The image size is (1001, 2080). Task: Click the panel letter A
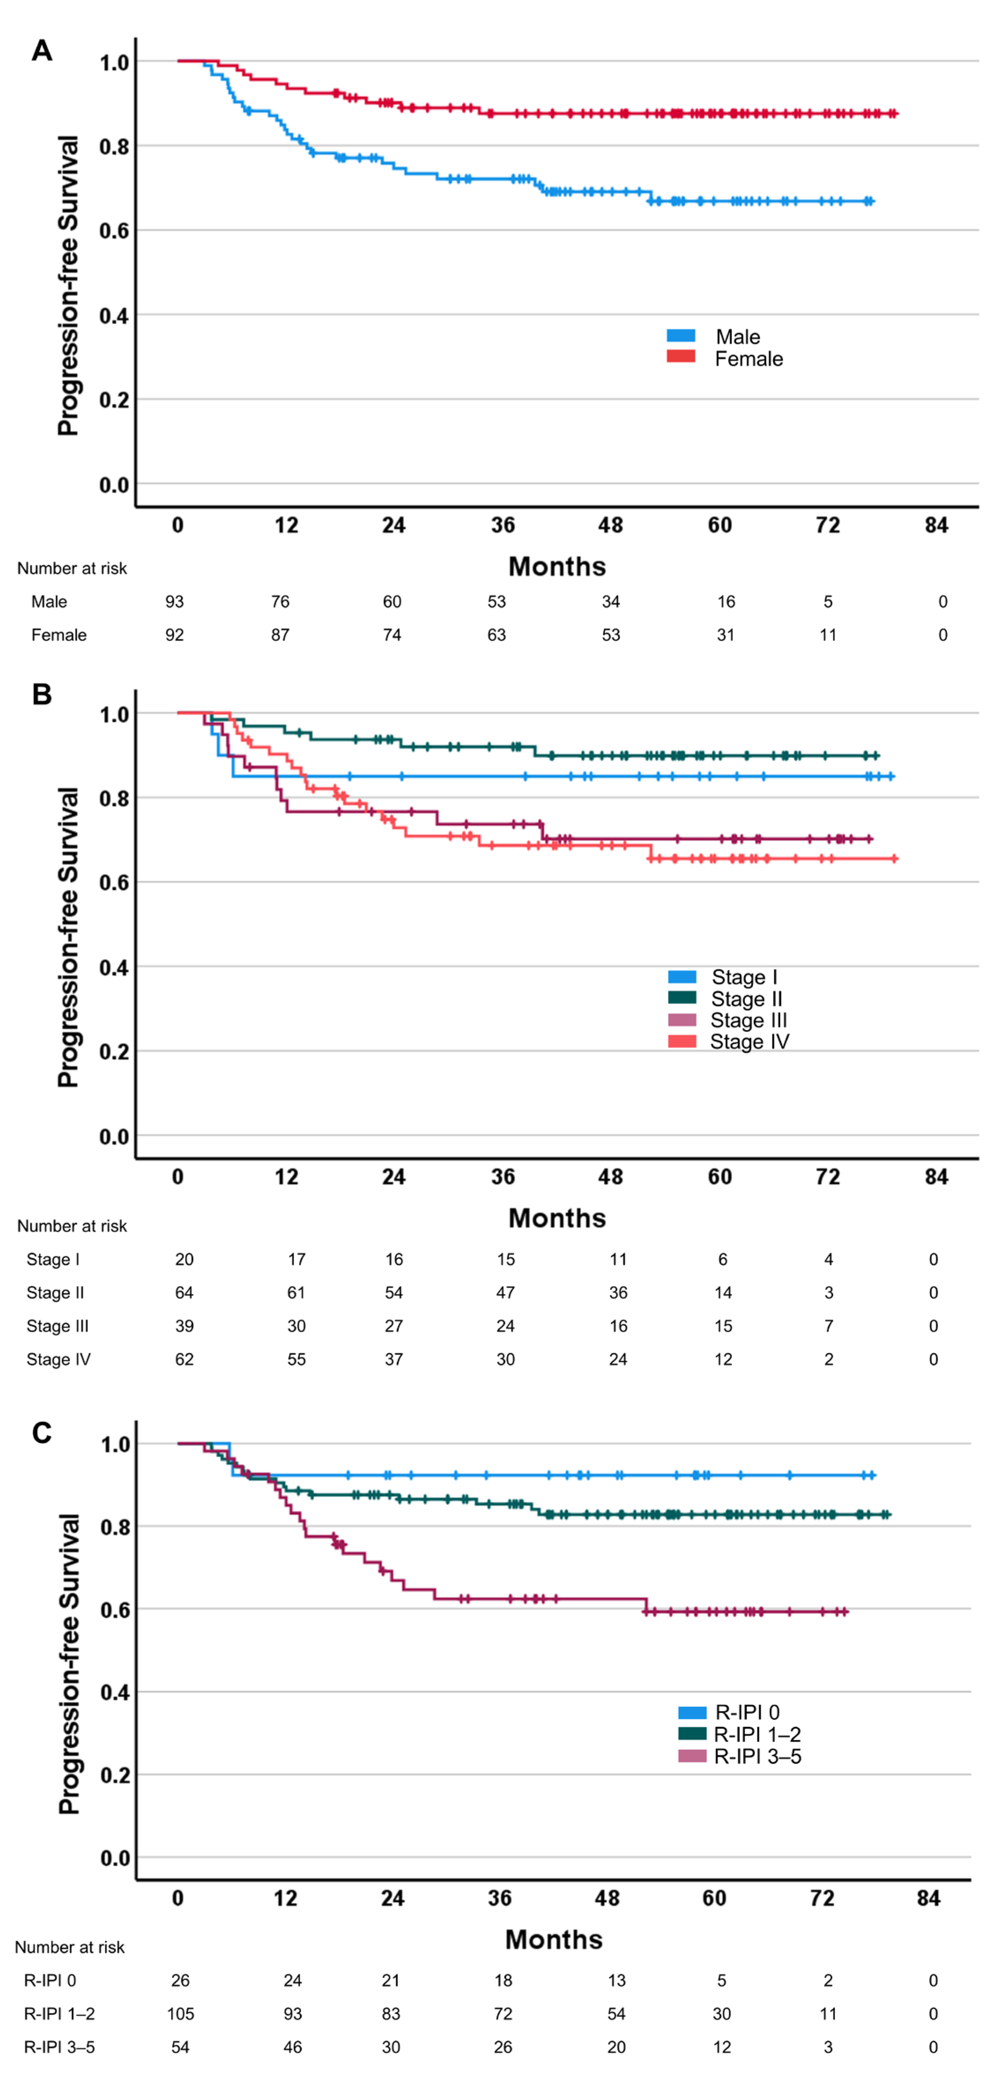42,51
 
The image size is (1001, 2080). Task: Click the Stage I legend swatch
682,976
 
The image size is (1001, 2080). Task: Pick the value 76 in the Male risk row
280,602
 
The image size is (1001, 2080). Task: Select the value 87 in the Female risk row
280,635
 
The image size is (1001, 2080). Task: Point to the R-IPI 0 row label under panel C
50,1980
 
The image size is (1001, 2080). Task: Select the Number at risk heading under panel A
72,568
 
